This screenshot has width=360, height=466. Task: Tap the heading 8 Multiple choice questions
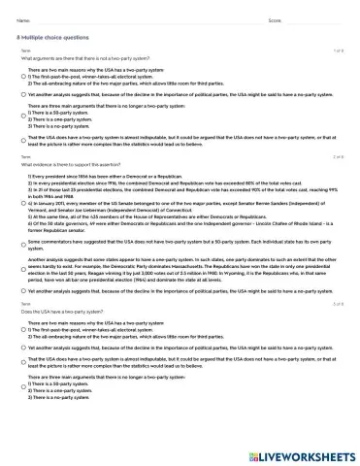[x=49, y=38]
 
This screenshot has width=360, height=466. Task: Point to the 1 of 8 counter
[x=339, y=50]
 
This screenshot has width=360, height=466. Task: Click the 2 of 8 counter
[x=339, y=156]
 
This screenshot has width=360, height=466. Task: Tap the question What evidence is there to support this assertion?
[x=64, y=164]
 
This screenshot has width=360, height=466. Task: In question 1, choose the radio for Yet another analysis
[x=23, y=98]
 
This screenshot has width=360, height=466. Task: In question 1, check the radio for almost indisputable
[x=23, y=142]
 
